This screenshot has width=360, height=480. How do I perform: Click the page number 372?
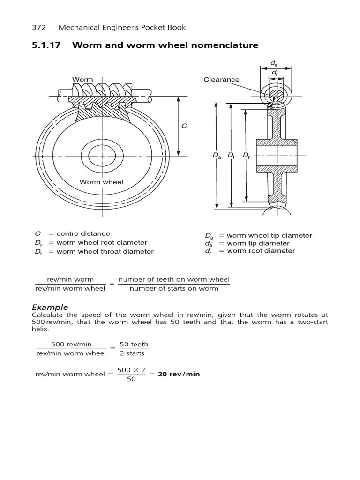(39, 27)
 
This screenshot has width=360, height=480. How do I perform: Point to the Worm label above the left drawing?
(82, 80)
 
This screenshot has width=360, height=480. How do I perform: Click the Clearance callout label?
(221, 80)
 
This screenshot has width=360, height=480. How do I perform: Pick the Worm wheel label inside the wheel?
(101, 182)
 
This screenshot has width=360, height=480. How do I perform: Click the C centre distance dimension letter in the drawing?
(184, 126)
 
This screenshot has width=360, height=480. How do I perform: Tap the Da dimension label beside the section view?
(216, 155)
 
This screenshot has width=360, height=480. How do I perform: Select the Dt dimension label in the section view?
(231, 155)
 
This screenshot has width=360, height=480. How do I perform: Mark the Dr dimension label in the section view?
(246, 155)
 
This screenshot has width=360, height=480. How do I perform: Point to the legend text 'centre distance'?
(83, 233)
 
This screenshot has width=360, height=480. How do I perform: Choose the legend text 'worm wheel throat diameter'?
(105, 251)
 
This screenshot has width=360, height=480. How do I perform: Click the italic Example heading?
(50, 307)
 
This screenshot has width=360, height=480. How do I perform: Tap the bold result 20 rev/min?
(179, 374)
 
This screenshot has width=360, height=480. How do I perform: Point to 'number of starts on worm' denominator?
(174, 288)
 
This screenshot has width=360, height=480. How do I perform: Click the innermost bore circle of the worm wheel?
(102, 155)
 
